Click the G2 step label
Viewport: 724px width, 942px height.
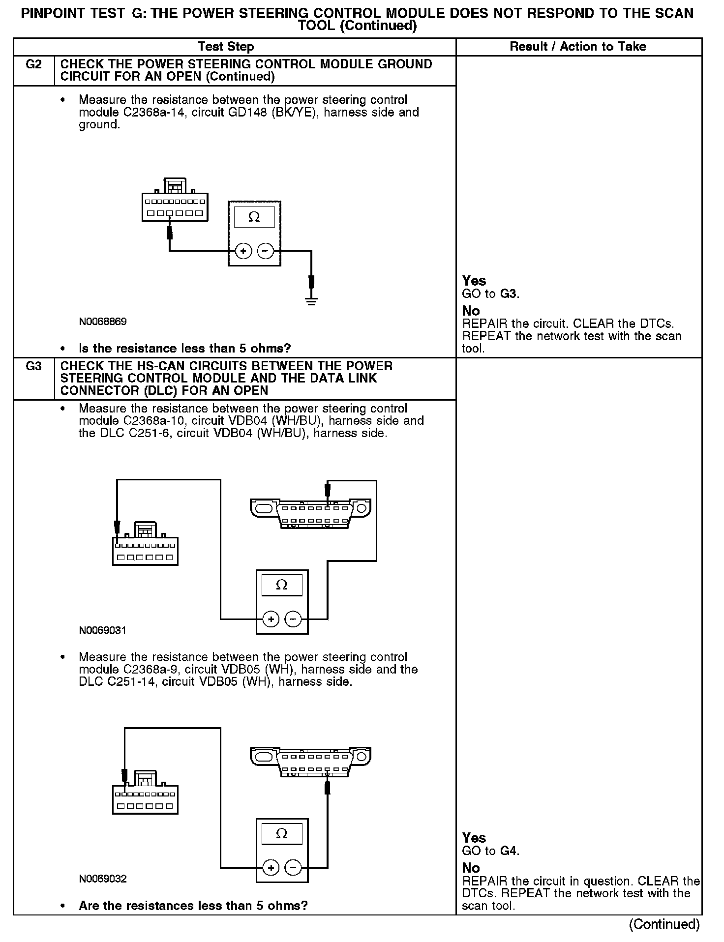pos(33,64)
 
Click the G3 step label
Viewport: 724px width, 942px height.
pos(33,366)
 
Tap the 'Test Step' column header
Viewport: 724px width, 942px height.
pos(226,47)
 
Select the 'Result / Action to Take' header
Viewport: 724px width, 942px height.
pos(578,47)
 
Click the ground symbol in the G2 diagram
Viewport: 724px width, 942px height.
pos(311,301)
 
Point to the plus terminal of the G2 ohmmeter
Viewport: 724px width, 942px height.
pos(243,251)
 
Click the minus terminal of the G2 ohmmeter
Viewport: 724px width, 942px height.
pos(266,251)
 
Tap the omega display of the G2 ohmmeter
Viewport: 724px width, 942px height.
pos(254,217)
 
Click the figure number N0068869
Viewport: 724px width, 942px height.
pos(103,322)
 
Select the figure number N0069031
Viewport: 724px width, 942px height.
pos(103,630)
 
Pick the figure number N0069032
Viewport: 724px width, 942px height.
pos(103,879)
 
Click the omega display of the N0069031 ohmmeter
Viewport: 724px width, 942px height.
pos(282,585)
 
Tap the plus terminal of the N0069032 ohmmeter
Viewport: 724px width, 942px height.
pos(271,868)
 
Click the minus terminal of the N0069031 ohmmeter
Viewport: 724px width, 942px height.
pos(294,619)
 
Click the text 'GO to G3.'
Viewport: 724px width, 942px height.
pos(491,294)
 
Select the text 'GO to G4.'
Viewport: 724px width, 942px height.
pos(491,851)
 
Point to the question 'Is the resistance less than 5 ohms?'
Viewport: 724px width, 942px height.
pos(184,349)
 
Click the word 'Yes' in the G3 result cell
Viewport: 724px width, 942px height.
pos(474,838)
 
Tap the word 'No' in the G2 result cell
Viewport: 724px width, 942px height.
pos(471,311)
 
